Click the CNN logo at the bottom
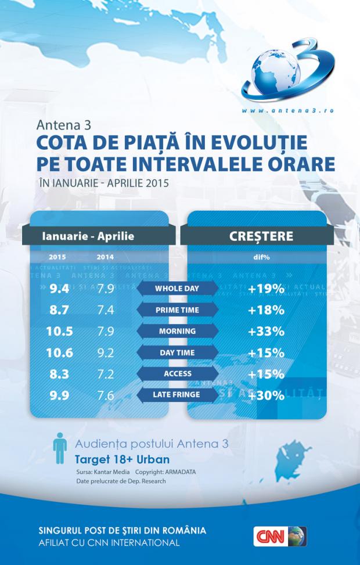pos(279,536)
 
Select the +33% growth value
pos(266,331)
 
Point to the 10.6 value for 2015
pos(59,352)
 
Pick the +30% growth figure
pos(266,395)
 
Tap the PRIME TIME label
pos(177,310)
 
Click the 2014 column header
pos(105,257)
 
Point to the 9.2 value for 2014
pos(105,352)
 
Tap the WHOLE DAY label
pos(177,289)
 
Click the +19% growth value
pos(266,289)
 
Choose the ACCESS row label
pos(177,374)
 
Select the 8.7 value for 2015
pos(59,310)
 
